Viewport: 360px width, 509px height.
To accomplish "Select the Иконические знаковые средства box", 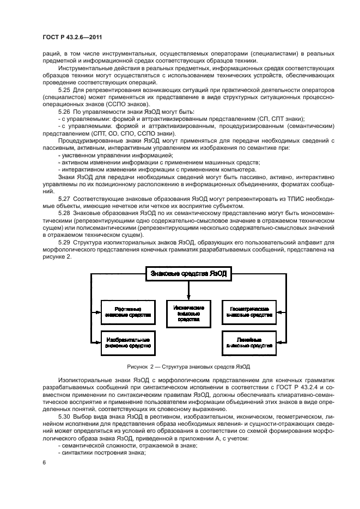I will (x=188, y=314).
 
